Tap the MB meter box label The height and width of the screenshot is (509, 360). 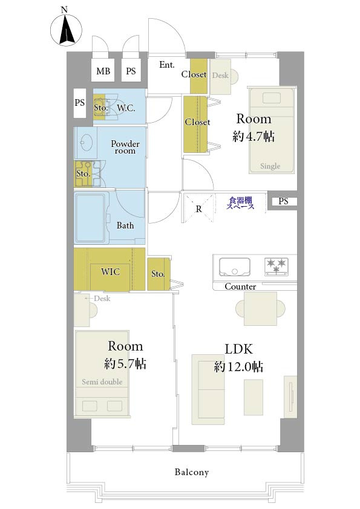click(x=103, y=71)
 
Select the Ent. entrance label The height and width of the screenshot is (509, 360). click(x=167, y=65)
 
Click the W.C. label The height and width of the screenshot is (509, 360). click(x=126, y=108)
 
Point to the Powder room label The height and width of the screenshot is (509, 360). click(x=125, y=147)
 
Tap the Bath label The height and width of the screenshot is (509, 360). click(x=125, y=225)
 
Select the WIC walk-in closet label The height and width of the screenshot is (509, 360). click(x=110, y=271)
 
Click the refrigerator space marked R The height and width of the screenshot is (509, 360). click(x=198, y=209)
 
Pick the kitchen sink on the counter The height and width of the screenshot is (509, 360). click(x=235, y=267)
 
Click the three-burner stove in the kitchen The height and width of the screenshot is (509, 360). click(x=276, y=267)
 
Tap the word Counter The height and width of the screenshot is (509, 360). click(x=240, y=287)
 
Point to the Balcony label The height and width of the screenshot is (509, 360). click(x=192, y=472)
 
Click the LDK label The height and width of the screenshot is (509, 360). click(x=239, y=349)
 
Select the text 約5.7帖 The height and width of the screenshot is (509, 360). click(x=125, y=363)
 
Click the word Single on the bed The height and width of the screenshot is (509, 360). click(x=270, y=166)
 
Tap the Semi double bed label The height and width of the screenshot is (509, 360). click(x=102, y=382)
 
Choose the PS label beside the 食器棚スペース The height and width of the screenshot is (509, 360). click(x=283, y=201)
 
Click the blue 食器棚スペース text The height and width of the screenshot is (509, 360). click(x=240, y=203)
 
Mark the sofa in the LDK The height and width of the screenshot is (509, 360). click(x=208, y=389)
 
